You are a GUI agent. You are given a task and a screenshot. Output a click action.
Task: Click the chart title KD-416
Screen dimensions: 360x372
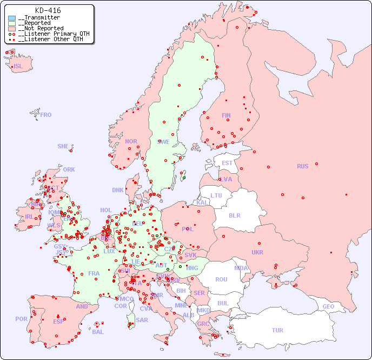pos(48,10)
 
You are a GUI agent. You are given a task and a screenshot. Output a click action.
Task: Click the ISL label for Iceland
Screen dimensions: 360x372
pos(18,67)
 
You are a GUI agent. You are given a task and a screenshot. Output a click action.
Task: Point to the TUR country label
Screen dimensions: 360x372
pos(277,330)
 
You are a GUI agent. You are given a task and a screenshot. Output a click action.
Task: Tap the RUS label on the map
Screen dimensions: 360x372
pos(302,166)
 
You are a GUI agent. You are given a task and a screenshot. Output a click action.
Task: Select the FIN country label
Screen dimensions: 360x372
pos(226,115)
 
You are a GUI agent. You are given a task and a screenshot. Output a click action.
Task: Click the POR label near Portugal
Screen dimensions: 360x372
pos(21,319)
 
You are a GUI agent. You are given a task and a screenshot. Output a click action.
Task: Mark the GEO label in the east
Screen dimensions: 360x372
pos(328,306)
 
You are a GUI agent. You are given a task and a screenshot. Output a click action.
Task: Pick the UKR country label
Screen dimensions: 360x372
pos(257,252)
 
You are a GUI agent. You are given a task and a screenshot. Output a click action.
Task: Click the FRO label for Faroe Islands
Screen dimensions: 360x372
pos(46,115)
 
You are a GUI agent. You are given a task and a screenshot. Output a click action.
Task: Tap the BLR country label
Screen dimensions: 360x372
pos(235,215)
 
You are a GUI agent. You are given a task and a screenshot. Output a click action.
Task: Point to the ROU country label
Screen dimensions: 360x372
pos(221,279)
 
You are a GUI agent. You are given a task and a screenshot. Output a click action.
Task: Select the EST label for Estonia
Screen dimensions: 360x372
pos(227,163)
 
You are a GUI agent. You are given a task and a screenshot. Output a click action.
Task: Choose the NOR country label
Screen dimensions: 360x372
pos(131,141)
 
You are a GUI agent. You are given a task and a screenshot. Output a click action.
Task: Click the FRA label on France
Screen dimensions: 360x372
pos(94,273)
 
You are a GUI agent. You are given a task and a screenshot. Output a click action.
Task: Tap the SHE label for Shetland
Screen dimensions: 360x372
pos(63,146)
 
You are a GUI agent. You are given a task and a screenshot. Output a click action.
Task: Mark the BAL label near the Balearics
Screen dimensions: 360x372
pos(98,332)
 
